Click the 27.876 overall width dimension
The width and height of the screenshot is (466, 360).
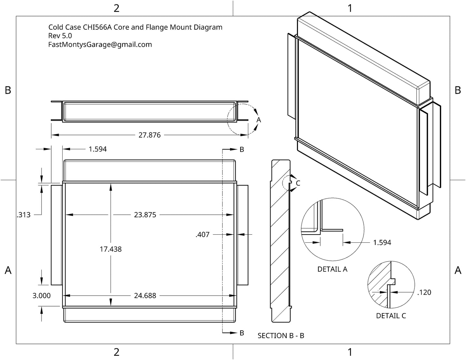click(x=149, y=135)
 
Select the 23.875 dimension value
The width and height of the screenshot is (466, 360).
click(x=145, y=215)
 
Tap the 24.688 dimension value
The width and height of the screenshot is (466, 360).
click(x=145, y=296)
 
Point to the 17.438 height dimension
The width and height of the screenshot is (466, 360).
click(x=111, y=249)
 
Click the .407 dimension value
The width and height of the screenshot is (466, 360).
click(x=203, y=235)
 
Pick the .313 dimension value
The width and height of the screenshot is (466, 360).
click(x=24, y=215)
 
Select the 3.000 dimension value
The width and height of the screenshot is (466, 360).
click(x=41, y=296)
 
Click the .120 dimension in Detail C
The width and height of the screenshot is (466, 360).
click(x=424, y=293)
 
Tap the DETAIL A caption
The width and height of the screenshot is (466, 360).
click(x=332, y=269)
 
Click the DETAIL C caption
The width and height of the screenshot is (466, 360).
click(x=391, y=316)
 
